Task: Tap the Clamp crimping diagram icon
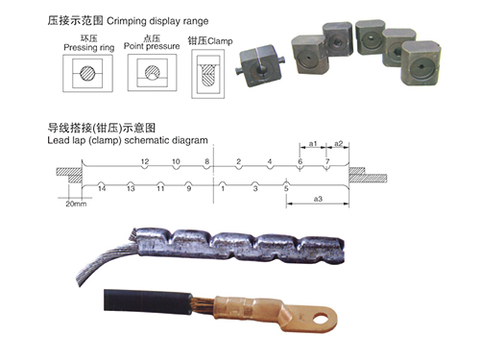pos(206,74)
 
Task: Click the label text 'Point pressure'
pos(150,45)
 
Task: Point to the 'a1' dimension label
pos(312,144)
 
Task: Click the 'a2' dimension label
pos(338,144)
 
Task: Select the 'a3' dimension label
pos(318,199)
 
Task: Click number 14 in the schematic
pos(101,189)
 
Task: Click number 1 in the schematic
pos(223,189)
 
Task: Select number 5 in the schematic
pos(285,189)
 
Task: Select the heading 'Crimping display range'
pos(177,19)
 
